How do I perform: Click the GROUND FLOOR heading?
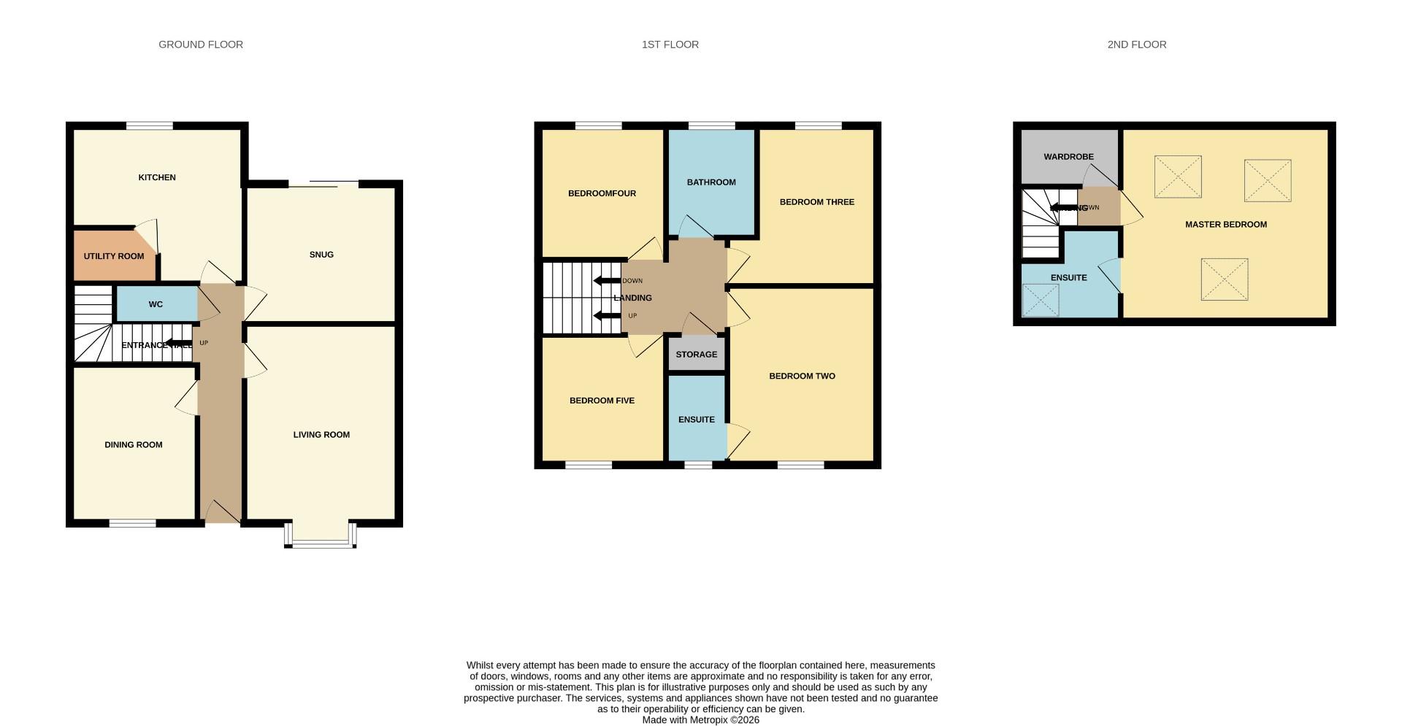(201, 45)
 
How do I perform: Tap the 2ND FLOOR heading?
(1136, 45)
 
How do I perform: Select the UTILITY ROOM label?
(114, 256)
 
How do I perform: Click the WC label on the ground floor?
(156, 304)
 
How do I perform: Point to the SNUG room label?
(321, 255)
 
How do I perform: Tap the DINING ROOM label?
(134, 444)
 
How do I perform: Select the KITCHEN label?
(157, 177)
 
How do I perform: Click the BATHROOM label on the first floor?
(711, 182)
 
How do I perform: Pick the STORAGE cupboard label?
(696, 355)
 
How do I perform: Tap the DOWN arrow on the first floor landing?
(607, 281)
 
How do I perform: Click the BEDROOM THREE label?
(816, 202)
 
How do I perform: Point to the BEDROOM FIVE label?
(602, 401)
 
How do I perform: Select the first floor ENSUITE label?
(696, 420)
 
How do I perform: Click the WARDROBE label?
(1068, 157)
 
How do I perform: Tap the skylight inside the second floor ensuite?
(1041, 300)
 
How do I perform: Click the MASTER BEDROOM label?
(1225, 225)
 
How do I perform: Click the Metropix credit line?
(700, 720)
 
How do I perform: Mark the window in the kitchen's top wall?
(150, 125)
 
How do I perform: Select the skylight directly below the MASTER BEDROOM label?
(1224, 279)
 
